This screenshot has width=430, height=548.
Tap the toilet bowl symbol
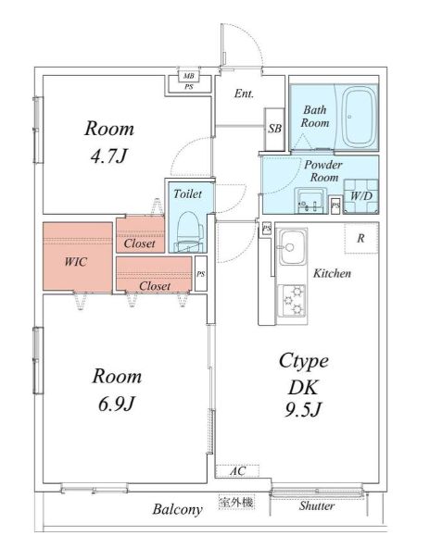(190, 231)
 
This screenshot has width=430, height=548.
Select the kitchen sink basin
(292, 247)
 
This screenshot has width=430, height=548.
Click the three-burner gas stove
(292, 301)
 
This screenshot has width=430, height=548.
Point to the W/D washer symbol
(361, 196)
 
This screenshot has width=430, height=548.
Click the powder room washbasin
(310, 201)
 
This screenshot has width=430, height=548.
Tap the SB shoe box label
(274, 129)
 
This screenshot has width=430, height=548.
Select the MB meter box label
(188, 76)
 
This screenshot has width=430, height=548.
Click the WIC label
(76, 261)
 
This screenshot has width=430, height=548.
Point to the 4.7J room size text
(107, 156)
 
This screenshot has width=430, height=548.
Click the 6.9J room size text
(116, 405)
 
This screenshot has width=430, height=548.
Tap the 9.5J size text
(302, 409)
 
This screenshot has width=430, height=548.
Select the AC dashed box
(237, 471)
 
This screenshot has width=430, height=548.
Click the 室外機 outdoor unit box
(236, 502)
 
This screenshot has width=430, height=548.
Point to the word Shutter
(317, 505)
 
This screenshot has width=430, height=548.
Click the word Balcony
(177, 509)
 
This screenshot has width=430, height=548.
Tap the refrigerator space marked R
(361, 238)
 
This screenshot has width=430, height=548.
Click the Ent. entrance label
(245, 93)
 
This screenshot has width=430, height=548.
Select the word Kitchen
(332, 273)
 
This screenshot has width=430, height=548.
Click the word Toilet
(188, 193)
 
